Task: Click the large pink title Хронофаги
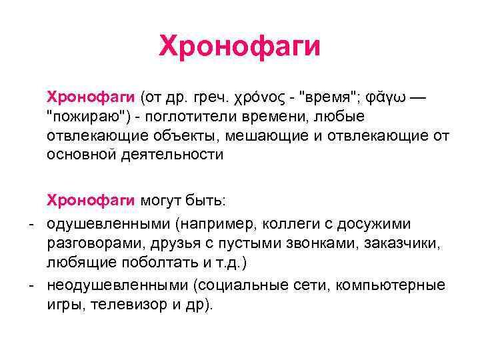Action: [240, 47]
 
